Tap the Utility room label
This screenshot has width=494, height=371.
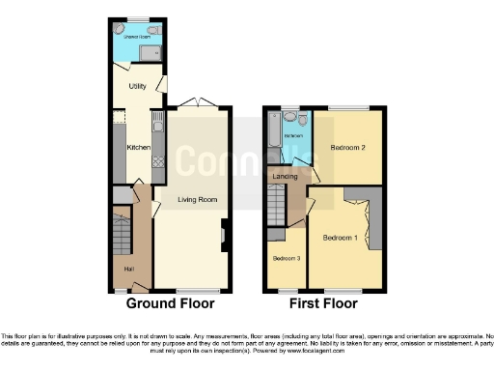[x=138, y=86]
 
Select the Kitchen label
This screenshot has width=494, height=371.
[x=138, y=147]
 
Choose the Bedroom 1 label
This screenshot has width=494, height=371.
[x=341, y=238]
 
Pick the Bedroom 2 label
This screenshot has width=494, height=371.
[x=346, y=148]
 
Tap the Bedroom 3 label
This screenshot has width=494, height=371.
[x=286, y=259]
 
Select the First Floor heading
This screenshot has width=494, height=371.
[x=323, y=303]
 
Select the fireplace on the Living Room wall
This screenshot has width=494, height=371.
[x=225, y=235]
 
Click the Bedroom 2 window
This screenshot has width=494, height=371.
[x=348, y=107]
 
